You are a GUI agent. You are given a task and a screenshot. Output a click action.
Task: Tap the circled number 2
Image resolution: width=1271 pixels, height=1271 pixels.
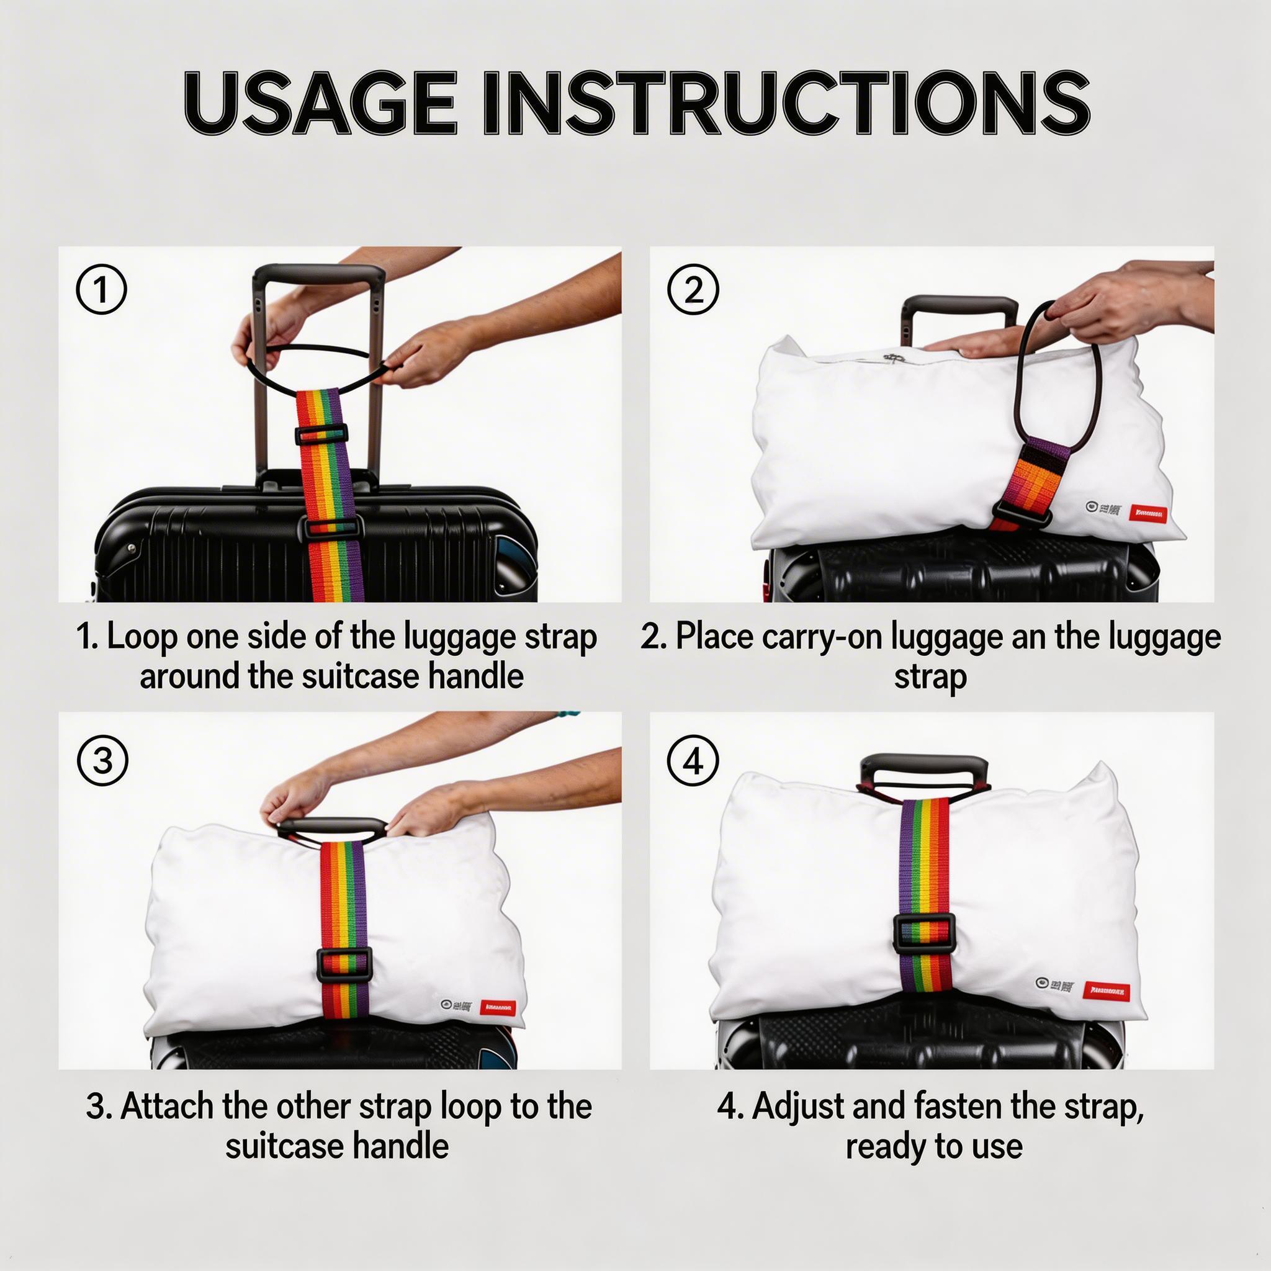693,290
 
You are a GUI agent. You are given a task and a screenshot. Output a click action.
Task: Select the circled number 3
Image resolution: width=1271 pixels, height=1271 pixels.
102,760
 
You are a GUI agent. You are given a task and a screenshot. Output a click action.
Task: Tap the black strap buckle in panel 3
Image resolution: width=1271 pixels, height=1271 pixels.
344,964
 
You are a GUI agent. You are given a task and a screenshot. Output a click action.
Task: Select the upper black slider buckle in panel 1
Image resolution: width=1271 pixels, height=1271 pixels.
321,434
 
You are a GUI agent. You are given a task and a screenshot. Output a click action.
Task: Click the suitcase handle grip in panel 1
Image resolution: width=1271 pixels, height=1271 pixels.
320,273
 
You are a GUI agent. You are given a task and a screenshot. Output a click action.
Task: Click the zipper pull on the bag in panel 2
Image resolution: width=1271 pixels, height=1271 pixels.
892,358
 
